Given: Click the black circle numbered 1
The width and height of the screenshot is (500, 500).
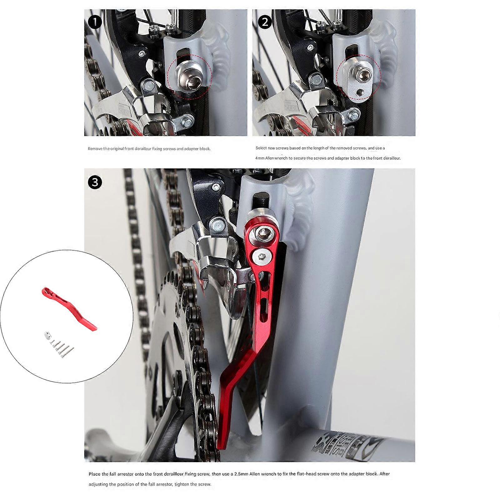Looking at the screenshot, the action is [x=95, y=22].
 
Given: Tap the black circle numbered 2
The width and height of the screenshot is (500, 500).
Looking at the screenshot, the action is [x=265, y=22].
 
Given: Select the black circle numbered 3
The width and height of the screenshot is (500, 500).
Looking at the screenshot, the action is [x=95, y=182].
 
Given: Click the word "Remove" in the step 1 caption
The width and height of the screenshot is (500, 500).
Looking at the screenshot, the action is [x=95, y=149].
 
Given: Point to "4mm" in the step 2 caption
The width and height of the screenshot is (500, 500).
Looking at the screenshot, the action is [x=260, y=158].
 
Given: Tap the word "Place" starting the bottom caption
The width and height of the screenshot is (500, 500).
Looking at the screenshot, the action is [x=94, y=474].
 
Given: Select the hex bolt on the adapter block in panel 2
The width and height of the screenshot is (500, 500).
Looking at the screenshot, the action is [x=363, y=76].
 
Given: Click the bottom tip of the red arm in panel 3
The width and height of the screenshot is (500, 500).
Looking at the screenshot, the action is [x=221, y=448].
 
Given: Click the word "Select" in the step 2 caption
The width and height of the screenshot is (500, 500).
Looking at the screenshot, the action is [x=261, y=148].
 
